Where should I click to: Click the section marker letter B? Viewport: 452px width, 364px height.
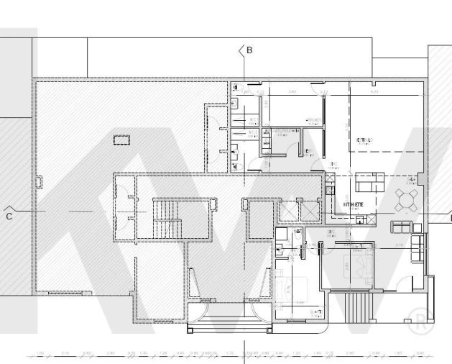click(249, 50)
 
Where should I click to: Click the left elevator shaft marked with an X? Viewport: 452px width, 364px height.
click(288, 210)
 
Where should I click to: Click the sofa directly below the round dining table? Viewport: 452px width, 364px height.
click(402, 227)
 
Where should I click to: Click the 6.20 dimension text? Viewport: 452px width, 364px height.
click(373, 92)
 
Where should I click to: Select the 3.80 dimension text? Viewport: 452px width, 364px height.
click(292, 92)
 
